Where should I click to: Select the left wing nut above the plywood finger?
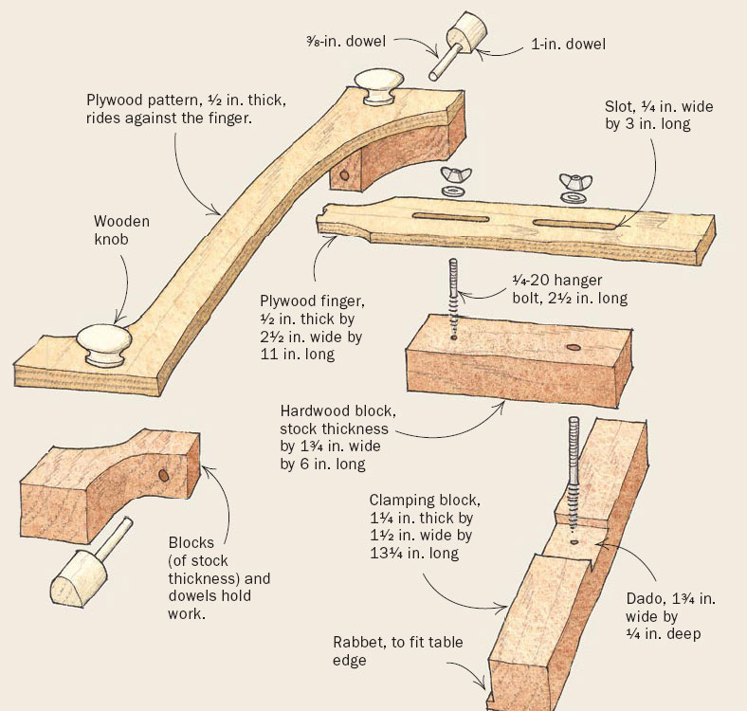coord(452,180)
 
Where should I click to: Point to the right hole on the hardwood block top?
coord(573,349)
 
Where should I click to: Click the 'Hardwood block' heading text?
coord(332,411)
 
